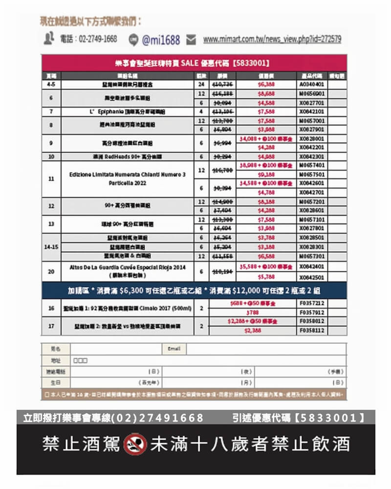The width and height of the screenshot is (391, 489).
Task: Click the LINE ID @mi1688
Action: point(161,40)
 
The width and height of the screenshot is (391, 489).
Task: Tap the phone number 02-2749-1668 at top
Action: point(88,39)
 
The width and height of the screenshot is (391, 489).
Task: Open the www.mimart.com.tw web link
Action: point(272,39)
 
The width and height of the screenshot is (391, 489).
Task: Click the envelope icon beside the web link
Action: point(191,40)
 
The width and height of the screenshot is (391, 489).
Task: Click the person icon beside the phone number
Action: point(48,39)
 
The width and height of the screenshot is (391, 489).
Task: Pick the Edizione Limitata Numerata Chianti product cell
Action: point(128,178)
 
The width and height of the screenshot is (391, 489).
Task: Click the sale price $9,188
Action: point(266,174)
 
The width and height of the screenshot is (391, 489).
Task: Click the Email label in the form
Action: point(174,349)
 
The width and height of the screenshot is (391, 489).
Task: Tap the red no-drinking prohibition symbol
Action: point(135,444)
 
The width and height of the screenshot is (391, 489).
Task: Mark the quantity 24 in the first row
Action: point(201,84)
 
